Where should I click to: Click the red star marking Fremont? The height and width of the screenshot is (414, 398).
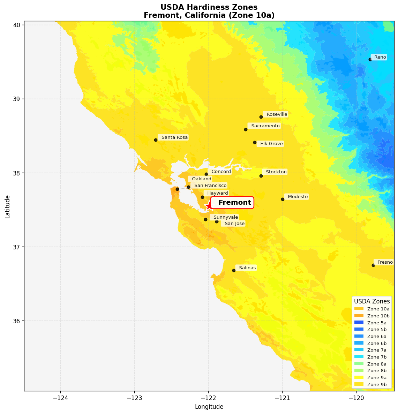coord(209,206)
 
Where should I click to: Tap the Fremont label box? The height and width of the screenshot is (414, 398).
coord(232,203)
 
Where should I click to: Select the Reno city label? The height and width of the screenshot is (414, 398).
coord(380,57)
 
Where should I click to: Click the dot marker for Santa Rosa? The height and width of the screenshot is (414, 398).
coord(156,140)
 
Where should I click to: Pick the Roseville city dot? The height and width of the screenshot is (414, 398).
coord(261,117)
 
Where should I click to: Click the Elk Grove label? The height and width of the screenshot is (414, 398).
coord(271,144)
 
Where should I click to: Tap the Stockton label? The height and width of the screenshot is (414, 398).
coord(276,172)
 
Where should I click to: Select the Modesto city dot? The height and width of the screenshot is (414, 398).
coord(283,199)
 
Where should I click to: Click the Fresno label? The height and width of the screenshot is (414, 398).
coord(384,262)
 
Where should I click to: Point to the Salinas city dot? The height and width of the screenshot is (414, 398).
coord(234,270)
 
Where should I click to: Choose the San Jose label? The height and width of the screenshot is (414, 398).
coord(234,224)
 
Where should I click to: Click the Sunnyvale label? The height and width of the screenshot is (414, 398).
coord(225,217)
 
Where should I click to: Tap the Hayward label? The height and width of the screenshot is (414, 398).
coord(217,193)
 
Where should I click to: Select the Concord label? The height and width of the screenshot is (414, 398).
coord(221,172)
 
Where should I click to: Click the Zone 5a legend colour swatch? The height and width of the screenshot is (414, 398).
coord(359,323)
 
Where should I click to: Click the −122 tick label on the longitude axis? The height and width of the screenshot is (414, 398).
coord(208,398)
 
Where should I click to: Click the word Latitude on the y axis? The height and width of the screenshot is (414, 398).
coord(7,206)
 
